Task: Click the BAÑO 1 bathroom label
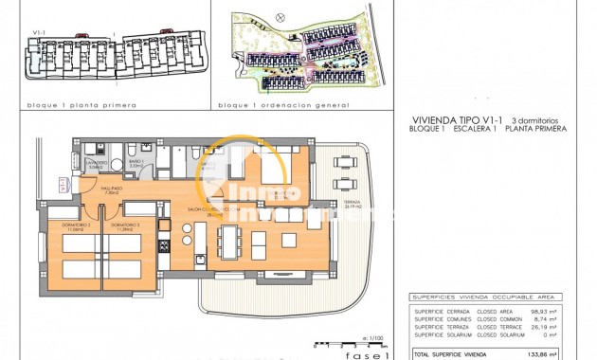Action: [x=136, y=163]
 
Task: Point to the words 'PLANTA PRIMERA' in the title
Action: [x=541, y=128]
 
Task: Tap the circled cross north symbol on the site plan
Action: [x=278, y=16]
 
